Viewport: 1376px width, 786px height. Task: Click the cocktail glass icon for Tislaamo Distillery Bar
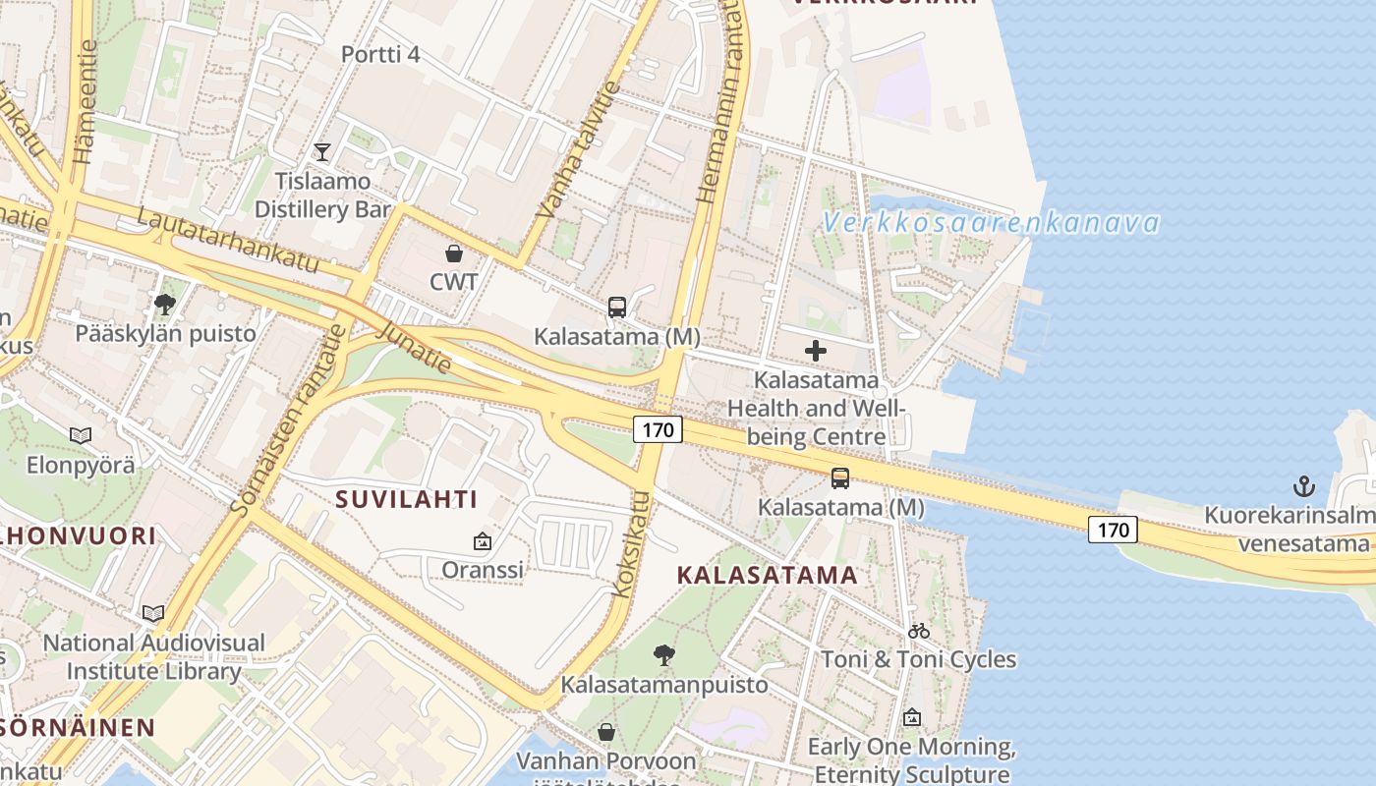(x=321, y=151)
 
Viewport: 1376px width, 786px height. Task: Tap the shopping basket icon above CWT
(x=454, y=253)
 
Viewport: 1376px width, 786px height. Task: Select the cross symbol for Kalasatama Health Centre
(x=816, y=351)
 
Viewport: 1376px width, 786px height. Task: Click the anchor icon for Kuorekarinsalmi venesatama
(x=1303, y=485)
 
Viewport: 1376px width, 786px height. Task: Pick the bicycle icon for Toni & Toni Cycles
(x=919, y=631)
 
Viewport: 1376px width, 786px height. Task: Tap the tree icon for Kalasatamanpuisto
(x=664, y=654)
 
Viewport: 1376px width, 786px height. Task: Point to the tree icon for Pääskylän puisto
(x=165, y=304)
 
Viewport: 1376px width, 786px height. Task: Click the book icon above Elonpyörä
(x=81, y=434)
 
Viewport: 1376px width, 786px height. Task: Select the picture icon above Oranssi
(x=483, y=540)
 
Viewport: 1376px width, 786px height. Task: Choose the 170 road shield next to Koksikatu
(x=658, y=428)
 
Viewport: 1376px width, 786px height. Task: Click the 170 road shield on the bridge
(x=1113, y=530)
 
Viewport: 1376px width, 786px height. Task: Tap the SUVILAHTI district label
(x=407, y=499)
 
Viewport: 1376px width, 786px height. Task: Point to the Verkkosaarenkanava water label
(x=991, y=223)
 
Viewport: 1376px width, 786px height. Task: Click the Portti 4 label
(x=380, y=54)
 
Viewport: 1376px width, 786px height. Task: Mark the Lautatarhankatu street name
(x=229, y=240)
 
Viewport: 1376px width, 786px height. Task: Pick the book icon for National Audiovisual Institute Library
(x=153, y=613)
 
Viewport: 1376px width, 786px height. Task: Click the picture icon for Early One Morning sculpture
(x=912, y=717)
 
